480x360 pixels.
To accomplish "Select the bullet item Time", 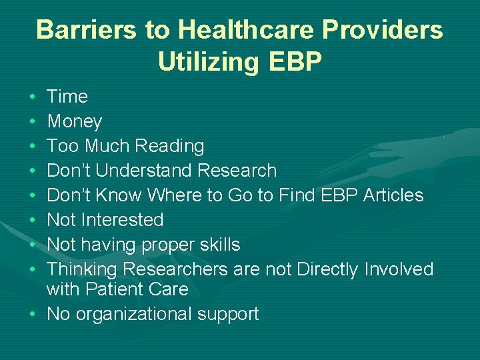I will click(67, 97).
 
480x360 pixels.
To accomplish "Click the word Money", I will click(74, 121).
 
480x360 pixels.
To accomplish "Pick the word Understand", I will click(146, 171).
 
